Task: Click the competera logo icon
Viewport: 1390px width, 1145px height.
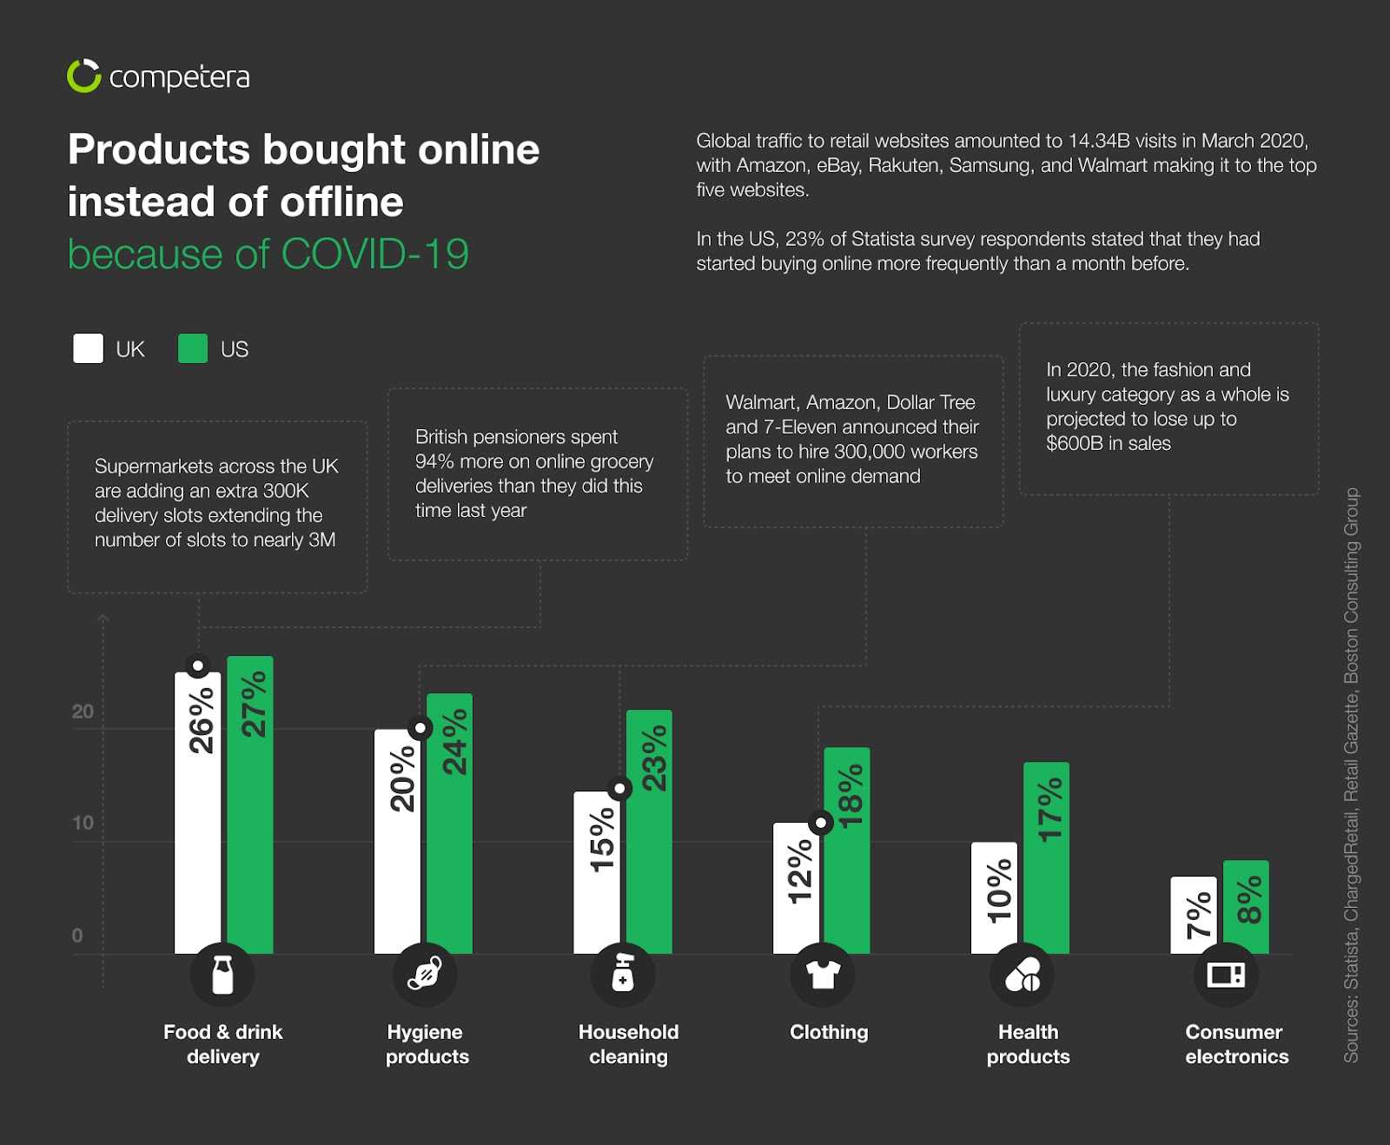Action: (84, 76)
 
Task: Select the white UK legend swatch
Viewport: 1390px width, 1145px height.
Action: (88, 348)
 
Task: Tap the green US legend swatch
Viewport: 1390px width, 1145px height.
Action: (192, 348)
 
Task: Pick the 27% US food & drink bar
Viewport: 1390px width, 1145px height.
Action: (250, 804)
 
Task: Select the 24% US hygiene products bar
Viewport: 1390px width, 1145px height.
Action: (450, 821)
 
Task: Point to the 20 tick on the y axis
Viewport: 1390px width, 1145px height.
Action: (83, 712)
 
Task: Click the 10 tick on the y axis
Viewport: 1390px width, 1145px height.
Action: (83, 823)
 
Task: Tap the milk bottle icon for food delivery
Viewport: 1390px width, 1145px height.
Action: (222, 975)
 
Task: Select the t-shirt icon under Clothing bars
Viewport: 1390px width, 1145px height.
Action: (822, 975)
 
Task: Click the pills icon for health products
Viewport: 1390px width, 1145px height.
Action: (1023, 975)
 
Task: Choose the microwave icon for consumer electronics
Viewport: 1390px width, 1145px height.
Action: (1226, 975)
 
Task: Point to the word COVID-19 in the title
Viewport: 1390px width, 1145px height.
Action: (374, 255)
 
